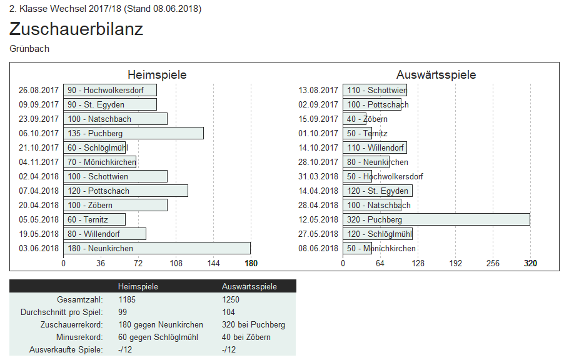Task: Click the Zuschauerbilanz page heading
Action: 76,29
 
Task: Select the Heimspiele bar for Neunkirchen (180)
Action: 156,248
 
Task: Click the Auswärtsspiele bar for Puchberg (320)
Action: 436,219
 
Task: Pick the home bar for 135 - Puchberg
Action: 133,133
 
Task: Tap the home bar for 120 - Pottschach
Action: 125,191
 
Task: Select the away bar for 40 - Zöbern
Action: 354,119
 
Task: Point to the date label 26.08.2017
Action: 39,90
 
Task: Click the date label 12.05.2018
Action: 318,219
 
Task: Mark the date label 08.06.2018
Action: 318,248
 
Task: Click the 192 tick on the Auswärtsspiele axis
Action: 455,264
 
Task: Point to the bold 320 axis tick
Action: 530,264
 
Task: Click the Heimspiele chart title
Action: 157,75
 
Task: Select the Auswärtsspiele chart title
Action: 436,75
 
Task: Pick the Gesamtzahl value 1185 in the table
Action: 127,299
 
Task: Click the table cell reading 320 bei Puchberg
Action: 253,324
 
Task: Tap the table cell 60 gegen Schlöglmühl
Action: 158,337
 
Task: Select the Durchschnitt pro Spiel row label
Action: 61,312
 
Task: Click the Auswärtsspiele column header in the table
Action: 249,286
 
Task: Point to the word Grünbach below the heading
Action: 29,49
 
